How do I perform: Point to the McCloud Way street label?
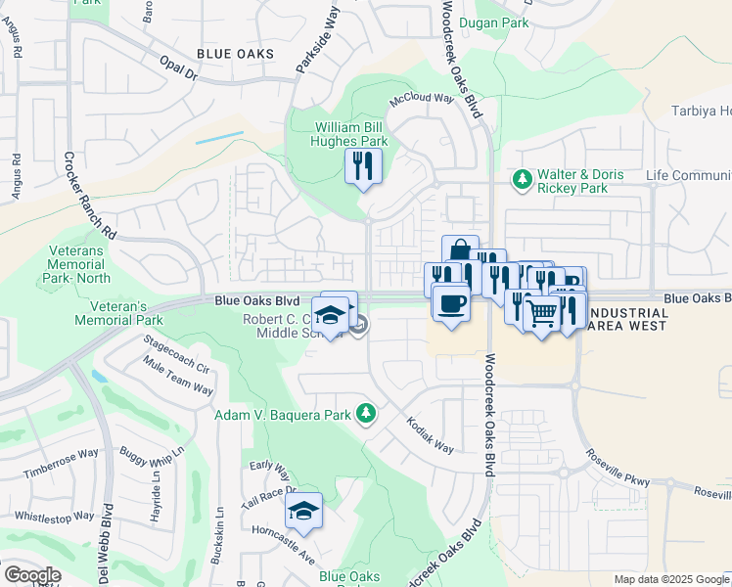[x=423, y=99]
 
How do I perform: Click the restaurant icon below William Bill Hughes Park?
[x=363, y=166]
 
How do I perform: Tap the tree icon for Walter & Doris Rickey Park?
[x=522, y=179]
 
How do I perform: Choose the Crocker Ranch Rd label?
[x=89, y=196]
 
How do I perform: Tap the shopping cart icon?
[x=542, y=313]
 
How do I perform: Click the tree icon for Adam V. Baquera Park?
[x=365, y=414]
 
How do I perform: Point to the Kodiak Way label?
[x=431, y=435]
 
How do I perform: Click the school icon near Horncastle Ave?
[x=304, y=511]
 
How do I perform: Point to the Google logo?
[x=31, y=575]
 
